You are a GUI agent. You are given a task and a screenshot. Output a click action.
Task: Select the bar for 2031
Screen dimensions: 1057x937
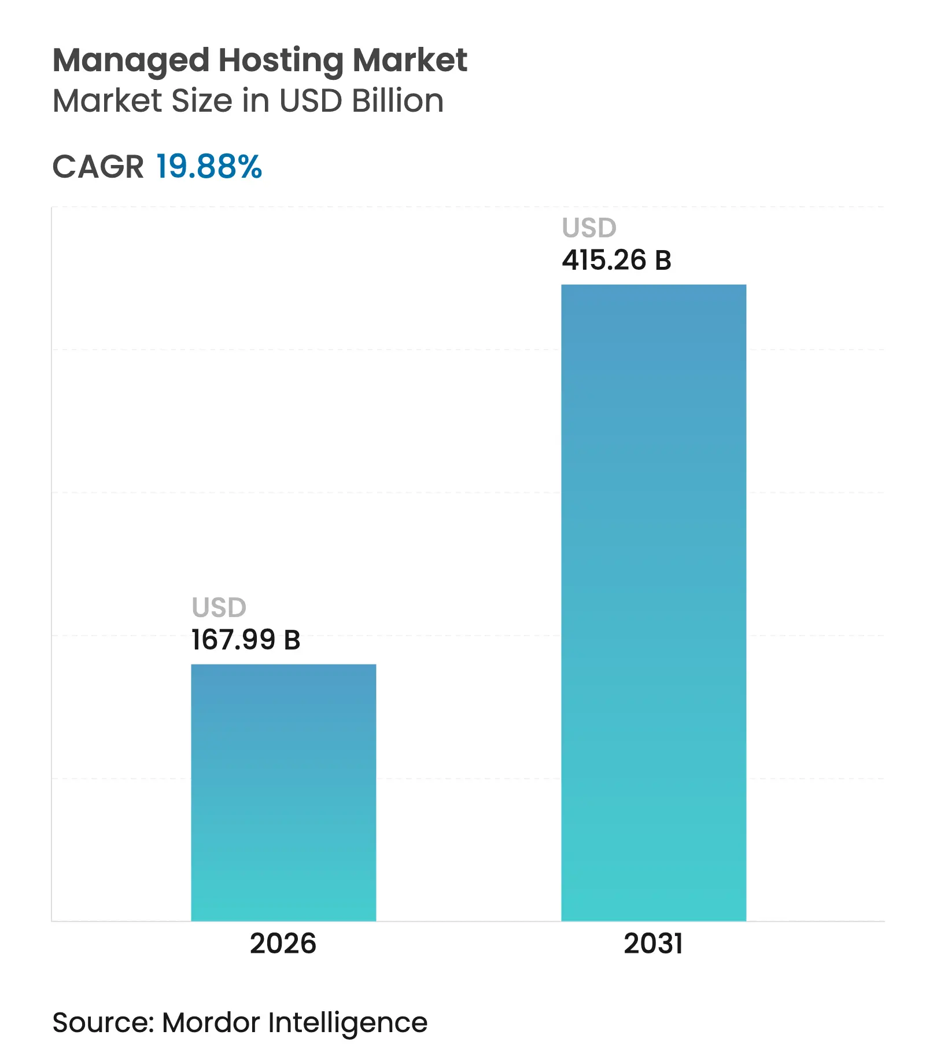654,602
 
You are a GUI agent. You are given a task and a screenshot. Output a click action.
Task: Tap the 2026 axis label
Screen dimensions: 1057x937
283,944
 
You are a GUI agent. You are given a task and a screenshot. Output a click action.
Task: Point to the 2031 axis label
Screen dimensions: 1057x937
653,944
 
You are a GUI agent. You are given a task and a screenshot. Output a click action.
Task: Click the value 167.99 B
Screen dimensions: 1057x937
246,640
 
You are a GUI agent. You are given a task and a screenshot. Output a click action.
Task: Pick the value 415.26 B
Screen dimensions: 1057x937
617,260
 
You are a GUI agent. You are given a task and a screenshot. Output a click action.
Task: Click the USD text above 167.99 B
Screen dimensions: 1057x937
219,608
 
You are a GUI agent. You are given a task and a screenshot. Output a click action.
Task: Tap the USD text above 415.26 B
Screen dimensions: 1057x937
589,228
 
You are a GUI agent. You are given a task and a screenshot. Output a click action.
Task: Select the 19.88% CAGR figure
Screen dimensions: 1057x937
209,167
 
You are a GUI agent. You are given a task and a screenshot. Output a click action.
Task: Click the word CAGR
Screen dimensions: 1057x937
98,167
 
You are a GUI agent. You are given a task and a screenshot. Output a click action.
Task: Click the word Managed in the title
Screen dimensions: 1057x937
131,61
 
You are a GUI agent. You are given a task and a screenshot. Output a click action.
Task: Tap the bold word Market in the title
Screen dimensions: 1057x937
410,60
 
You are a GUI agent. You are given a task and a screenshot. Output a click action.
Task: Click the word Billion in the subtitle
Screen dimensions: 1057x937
398,101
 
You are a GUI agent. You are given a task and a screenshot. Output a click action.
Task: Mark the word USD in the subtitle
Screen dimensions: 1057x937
311,101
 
